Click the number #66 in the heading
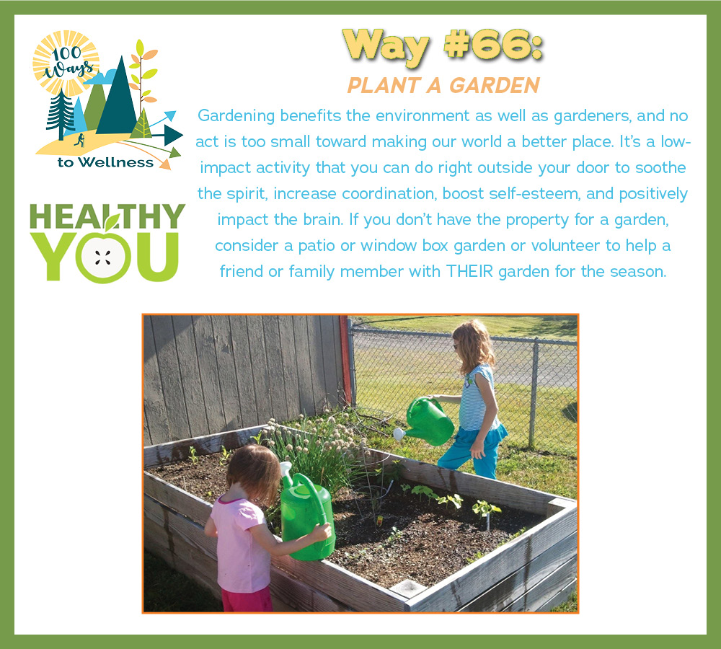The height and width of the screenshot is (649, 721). point(493,46)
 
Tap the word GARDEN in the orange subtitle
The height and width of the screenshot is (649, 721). point(495,86)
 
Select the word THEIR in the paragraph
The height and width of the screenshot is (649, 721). point(469,271)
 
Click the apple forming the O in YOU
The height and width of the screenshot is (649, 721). point(104,257)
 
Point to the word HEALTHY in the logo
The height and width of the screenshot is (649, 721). point(107,216)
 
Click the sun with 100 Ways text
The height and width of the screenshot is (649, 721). point(66,63)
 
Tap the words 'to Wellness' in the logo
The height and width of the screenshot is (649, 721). point(105,162)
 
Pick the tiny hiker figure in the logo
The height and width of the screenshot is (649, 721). point(80,140)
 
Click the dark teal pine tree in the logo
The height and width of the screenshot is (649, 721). point(61,114)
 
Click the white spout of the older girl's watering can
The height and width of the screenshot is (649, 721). point(398,433)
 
